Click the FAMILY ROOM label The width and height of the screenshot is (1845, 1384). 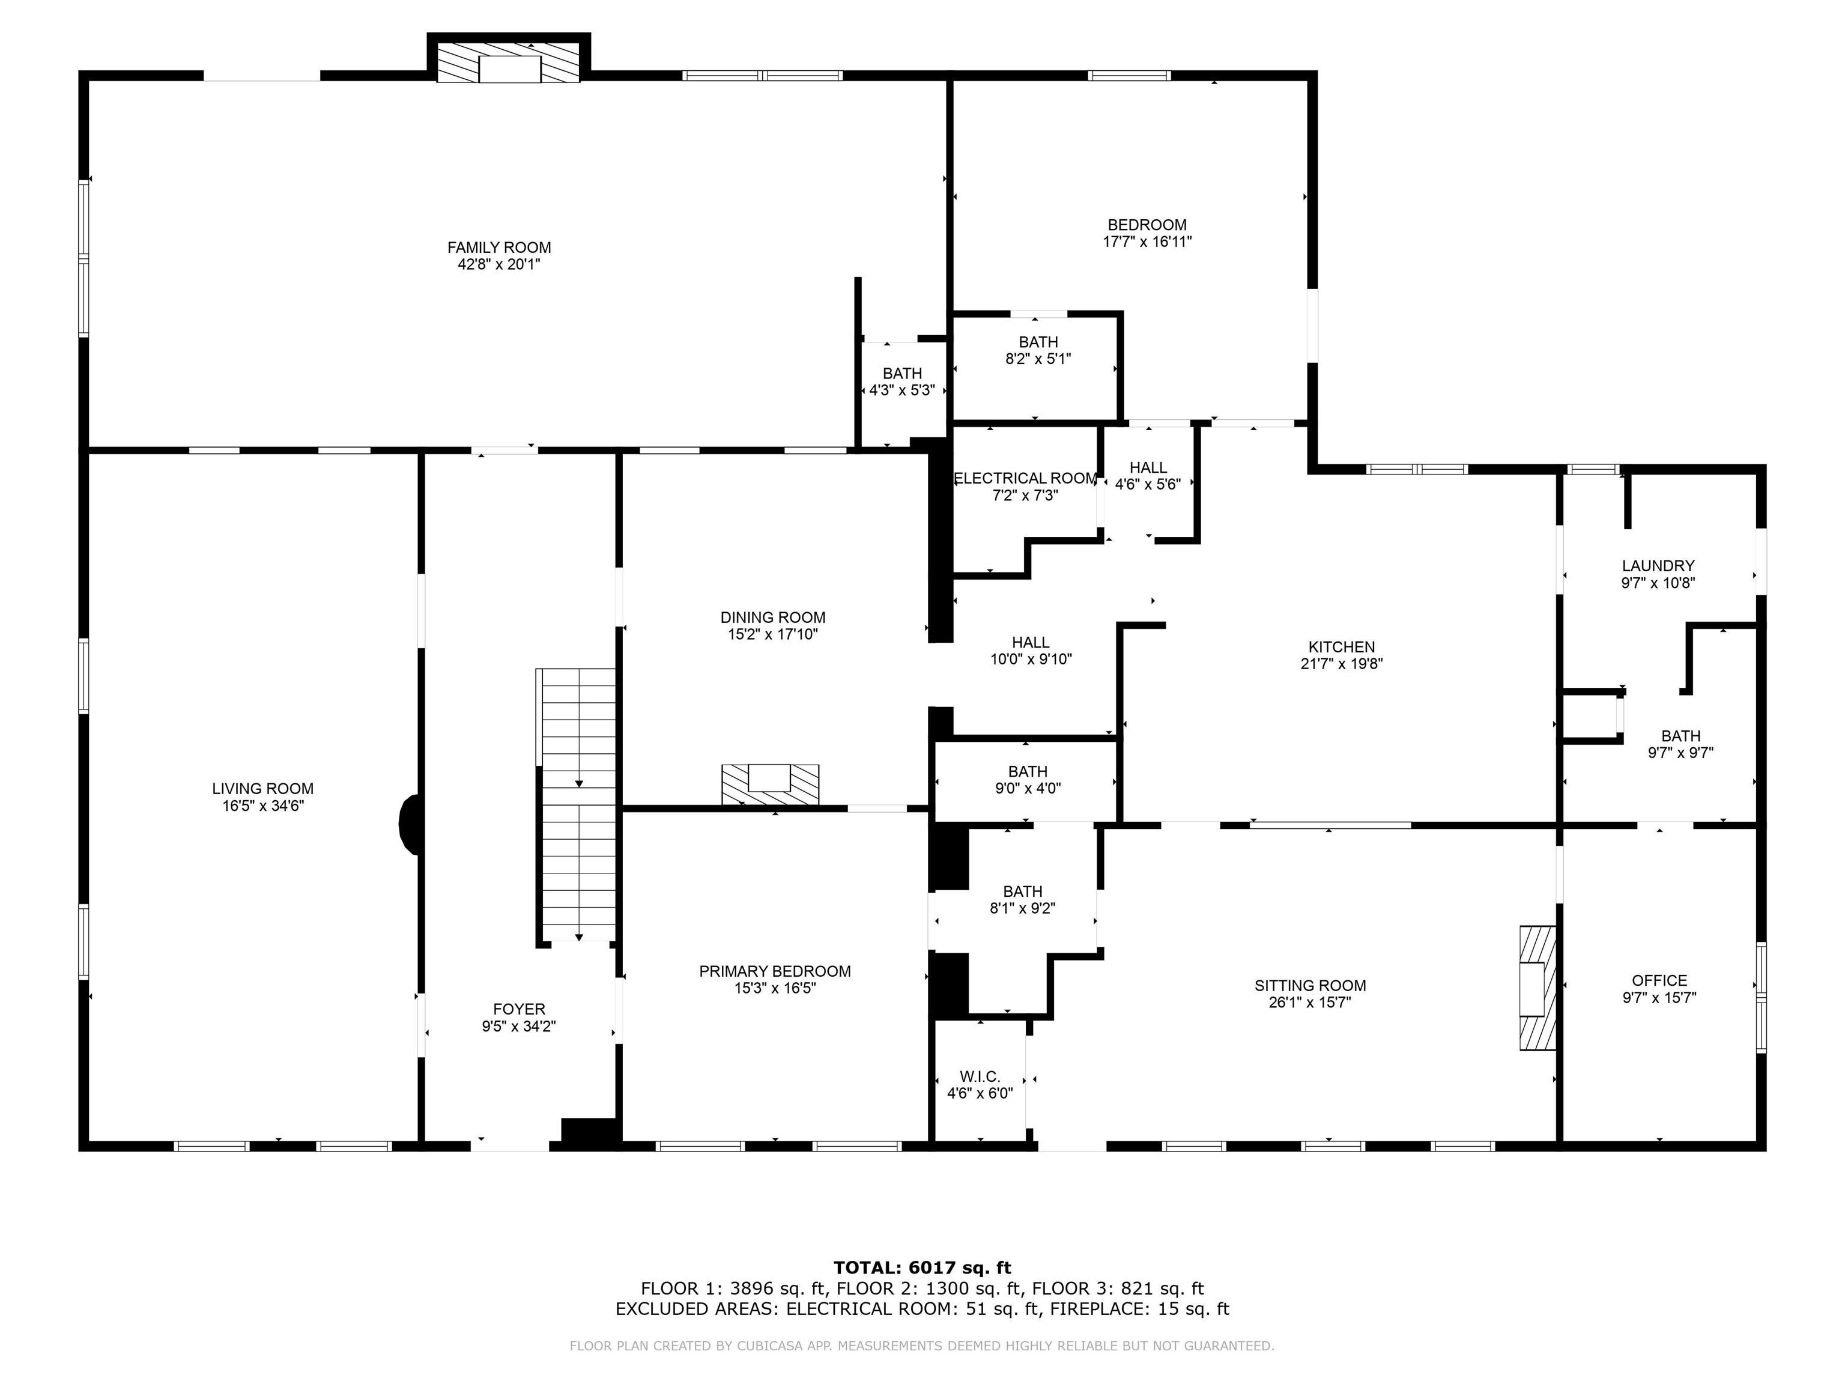498,247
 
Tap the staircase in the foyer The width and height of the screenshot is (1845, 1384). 578,805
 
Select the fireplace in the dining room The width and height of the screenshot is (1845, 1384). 770,784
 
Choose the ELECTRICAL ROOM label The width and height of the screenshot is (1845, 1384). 1025,478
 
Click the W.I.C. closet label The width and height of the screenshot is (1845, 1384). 979,1077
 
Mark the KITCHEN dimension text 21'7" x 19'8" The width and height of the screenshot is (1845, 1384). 1341,664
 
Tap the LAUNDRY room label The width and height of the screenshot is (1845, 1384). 1658,566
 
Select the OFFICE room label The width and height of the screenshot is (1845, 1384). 1659,980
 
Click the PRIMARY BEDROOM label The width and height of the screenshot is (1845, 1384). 775,971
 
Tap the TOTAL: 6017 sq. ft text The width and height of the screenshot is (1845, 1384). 922,1269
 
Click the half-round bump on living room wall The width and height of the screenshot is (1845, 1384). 410,824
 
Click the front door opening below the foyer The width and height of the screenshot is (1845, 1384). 510,1146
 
